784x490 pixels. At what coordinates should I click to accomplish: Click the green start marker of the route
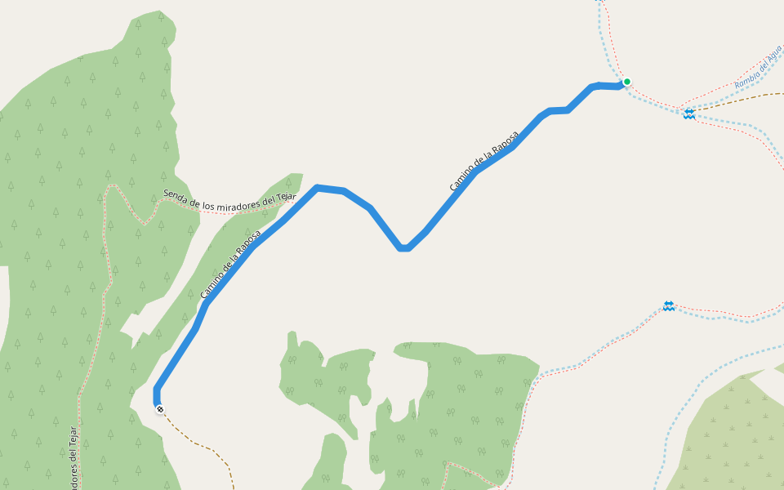(x=627, y=82)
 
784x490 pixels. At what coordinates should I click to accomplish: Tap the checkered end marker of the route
(x=160, y=409)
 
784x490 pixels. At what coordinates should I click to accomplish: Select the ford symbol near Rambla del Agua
(x=689, y=114)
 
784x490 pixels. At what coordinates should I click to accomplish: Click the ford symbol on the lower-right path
(x=669, y=305)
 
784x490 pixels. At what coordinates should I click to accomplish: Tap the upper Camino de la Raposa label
(x=483, y=161)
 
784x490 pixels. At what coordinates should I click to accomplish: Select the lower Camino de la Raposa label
(x=231, y=263)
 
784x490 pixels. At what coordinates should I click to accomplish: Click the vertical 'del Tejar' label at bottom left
(x=73, y=457)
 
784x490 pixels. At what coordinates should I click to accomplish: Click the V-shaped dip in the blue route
(x=403, y=247)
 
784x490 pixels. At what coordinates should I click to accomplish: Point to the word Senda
(x=178, y=194)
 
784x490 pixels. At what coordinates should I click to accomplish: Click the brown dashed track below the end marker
(x=204, y=445)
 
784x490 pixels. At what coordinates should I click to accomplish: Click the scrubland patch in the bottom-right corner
(x=735, y=441)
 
